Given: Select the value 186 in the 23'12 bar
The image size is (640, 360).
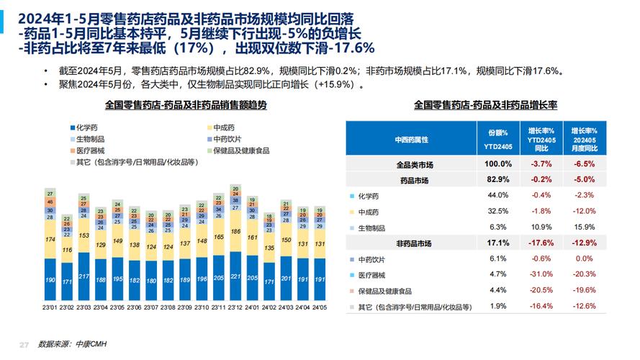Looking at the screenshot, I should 235,233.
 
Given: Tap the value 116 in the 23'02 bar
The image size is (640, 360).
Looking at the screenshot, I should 68,251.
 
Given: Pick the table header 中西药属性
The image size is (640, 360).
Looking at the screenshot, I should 412,139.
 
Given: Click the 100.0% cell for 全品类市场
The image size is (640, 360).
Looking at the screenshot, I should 498,165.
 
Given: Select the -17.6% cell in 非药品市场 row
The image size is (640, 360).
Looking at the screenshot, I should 541,243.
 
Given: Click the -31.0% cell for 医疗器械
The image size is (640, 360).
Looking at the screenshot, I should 541,274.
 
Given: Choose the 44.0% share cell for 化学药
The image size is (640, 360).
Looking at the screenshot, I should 498,195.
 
